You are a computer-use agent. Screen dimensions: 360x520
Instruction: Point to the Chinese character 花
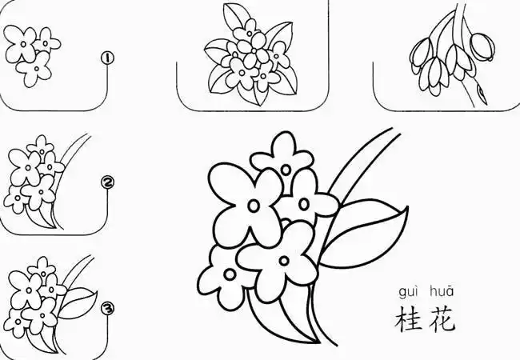(x=441, y=318)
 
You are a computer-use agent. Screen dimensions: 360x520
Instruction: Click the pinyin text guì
(x=409, y=291)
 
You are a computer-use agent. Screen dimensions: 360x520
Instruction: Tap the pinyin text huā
(x=441, y=291)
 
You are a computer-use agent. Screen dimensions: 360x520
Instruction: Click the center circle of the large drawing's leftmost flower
(x=253, y=206)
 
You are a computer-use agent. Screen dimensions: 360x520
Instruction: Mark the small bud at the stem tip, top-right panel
(x=482, y=94)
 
